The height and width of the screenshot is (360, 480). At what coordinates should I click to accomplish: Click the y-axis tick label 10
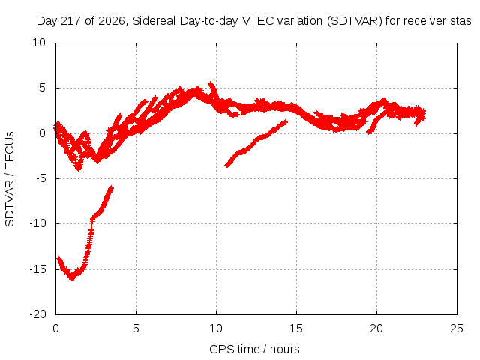coord(39,43)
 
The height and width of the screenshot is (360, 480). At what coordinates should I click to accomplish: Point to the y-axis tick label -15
coord(38,269)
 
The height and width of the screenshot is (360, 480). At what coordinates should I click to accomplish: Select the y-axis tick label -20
coord(38,314)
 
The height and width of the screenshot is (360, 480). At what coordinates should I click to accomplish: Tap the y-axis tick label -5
coord(40,178)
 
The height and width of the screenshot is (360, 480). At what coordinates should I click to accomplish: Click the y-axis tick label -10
coord(38,223)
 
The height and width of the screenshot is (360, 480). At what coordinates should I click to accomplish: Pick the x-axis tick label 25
coord(457,328)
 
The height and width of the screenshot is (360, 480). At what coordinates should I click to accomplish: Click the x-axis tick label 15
coord(296,328)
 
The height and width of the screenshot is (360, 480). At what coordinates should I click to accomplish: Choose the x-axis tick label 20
coord(376,328)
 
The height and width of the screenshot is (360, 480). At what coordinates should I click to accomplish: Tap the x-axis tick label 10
coord(216,328)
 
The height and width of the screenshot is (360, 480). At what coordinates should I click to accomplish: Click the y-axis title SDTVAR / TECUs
coord(10,179)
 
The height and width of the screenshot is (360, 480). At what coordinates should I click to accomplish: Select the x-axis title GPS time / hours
coord(254,349)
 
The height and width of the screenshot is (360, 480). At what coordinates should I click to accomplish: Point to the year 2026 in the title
coord(112,21)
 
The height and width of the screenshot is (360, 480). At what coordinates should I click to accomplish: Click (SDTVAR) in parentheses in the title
coord(355,21)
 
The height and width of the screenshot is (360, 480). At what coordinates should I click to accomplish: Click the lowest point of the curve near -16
coord(72,279)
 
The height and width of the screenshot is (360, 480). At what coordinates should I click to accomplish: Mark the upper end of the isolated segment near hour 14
coord(286,121)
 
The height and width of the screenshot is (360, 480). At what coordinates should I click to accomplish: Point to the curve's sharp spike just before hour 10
coord(211,83)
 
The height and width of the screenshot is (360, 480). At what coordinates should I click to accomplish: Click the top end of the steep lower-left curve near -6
coord(112,187)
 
